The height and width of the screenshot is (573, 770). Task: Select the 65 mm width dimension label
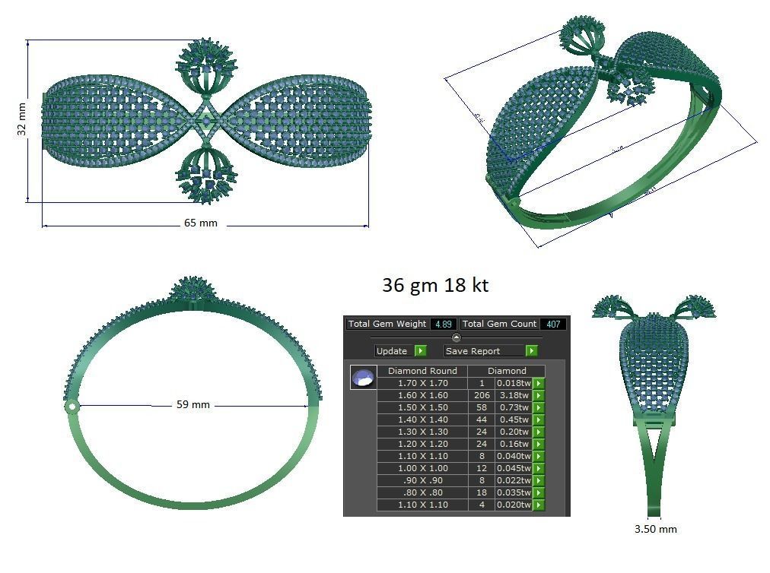(x=201, y=223)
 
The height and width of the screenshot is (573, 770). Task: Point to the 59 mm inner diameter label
(x=192, y=405)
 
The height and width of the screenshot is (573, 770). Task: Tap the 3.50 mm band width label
(x=655, y=529)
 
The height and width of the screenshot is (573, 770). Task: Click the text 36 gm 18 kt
(x=434, y=286)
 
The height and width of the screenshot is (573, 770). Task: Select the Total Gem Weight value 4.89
(x=443, y=324)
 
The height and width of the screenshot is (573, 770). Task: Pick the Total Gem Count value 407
(x=553, y=324)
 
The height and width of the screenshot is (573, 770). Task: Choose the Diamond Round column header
(x=422, y=371)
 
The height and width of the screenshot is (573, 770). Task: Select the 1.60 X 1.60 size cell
(x=422, y=395)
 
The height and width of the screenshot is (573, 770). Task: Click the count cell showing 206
(x=481, y=395)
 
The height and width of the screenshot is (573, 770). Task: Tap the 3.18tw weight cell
(x=513, y=395)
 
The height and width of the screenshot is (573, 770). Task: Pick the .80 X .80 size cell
(x=422, y=492)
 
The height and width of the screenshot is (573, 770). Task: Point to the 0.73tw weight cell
(x=513, y=407)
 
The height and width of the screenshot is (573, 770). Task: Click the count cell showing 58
(x=481, y=407)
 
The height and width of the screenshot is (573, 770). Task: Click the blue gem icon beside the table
(x=364, y=377)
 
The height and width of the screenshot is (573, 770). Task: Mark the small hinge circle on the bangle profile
(x=72, y=407)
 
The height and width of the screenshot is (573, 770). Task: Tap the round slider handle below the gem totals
(x=456, y=337)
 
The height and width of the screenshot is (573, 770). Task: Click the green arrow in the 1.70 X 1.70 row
(x=539, y=383)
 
